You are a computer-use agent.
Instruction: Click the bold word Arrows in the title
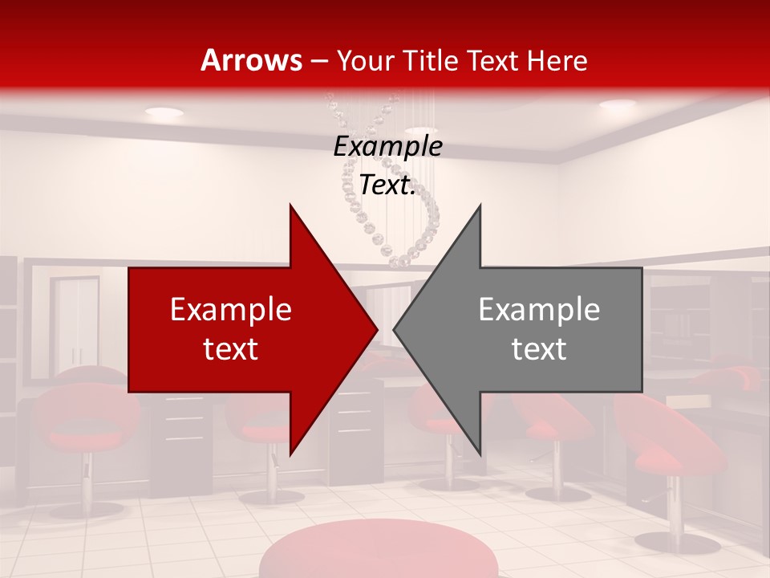pyautogui.click(x=251, y=61)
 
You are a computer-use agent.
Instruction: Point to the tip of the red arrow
pyautogui.click(x=377, y=329)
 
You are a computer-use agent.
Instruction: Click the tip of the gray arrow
pyautogui.click(x=394, y=329)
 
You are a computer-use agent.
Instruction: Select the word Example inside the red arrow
pyautogui.click(x=231, y=310)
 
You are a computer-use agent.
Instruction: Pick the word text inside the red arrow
pyautogui.click(x=231, y=348)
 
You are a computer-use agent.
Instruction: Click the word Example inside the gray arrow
pyautogui.click(x=539, y=310)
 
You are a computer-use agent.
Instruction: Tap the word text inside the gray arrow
pyautogui.click(x=539, y=348)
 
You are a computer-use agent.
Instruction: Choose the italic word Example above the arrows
pyautogui.click(x=387, y=147)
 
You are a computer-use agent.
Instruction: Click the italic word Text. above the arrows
pyautogui.click(x=387, y=185)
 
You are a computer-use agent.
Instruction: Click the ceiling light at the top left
pyautogui.click(x=164, y=112)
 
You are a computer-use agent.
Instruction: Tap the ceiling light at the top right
pyautogui.click(x=617, y=104)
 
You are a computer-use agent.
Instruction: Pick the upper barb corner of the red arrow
pyautogui.click(x=290, y=205)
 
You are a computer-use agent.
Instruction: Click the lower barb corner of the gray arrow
pyautogui.click(x=480, y=454)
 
